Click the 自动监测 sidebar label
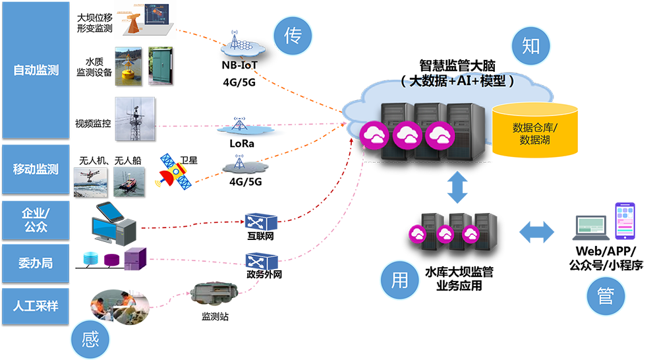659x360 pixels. click(36, 69)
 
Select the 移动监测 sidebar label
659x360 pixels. click(36, 169)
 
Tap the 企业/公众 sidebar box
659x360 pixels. click(36, 220)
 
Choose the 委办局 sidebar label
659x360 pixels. click(36, 263)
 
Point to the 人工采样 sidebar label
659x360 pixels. click(36, 306)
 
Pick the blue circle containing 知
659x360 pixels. click(530, 45)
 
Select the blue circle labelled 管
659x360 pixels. click(605, 296)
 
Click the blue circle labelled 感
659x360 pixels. click(90, 340)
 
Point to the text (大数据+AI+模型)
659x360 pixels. click(457, 81)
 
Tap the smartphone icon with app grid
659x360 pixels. click(625, 221)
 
